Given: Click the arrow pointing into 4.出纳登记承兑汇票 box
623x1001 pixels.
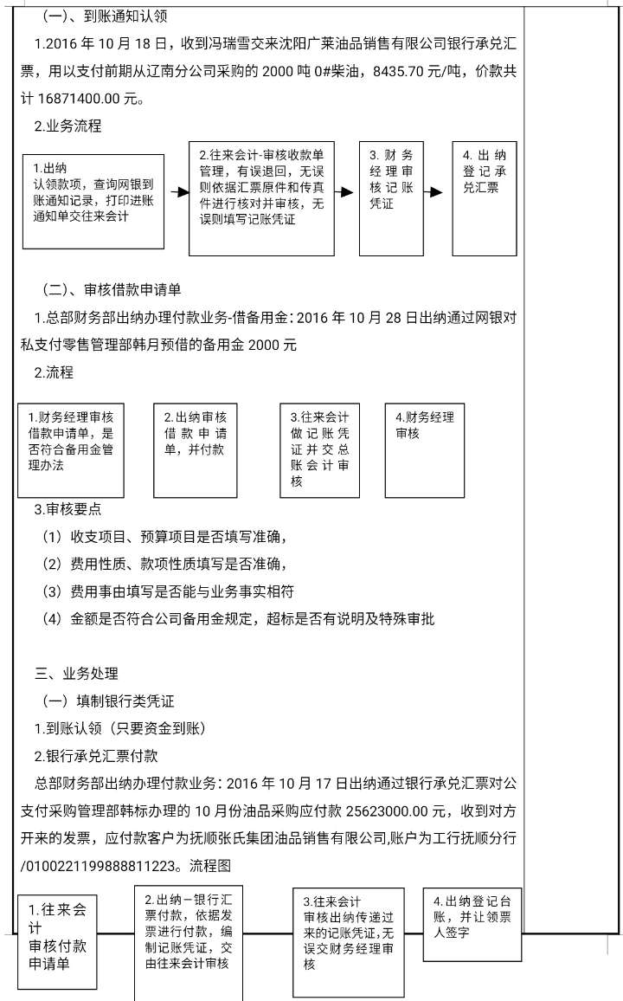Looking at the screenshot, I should (436, 192).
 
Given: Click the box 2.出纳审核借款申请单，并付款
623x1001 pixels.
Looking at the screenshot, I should (196, 449).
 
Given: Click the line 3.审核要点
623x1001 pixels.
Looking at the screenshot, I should (68, 510).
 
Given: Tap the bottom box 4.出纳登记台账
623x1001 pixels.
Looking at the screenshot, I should (472, 924).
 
